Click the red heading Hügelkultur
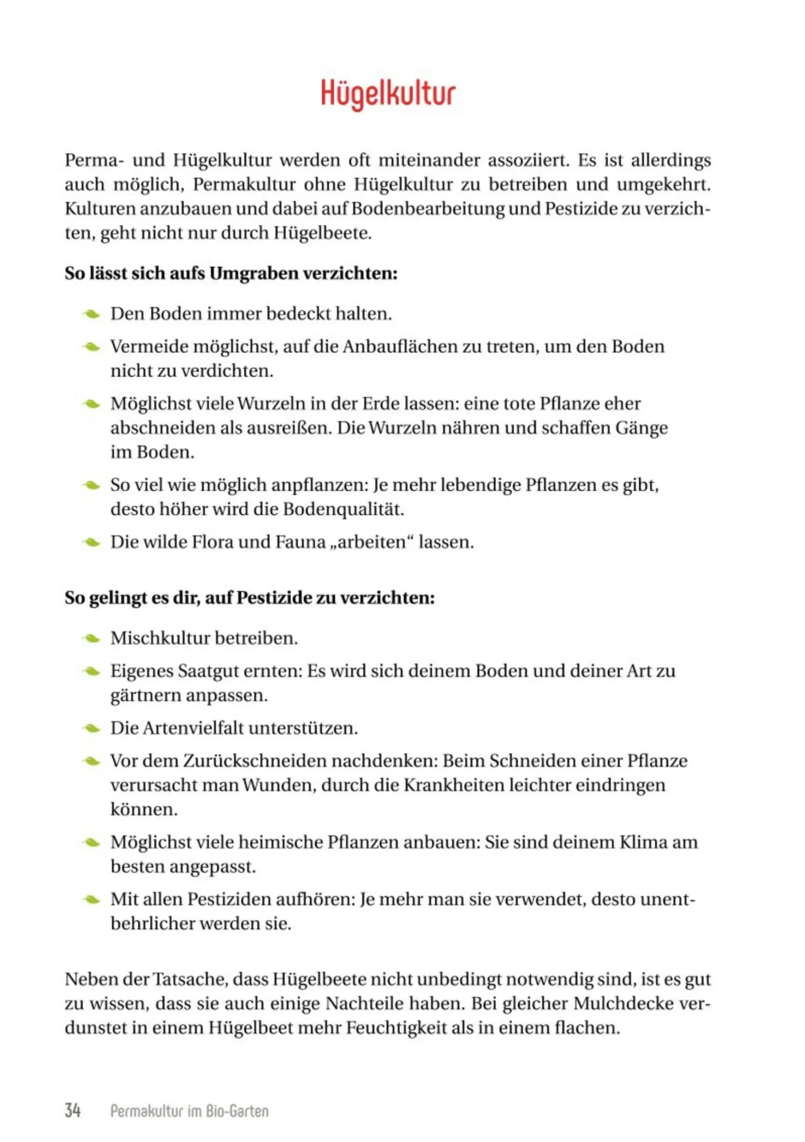[x=388, y=94]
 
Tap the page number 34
[x=73, y=1110]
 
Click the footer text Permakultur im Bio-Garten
[x=189, y=1111]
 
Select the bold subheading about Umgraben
[x=231, y=273]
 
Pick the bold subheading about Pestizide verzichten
[x=250, y=597]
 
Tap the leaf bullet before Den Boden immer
[x=92, y=314]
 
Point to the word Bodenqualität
[x=343, y=509]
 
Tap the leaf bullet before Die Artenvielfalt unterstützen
[x=92, y=728]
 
